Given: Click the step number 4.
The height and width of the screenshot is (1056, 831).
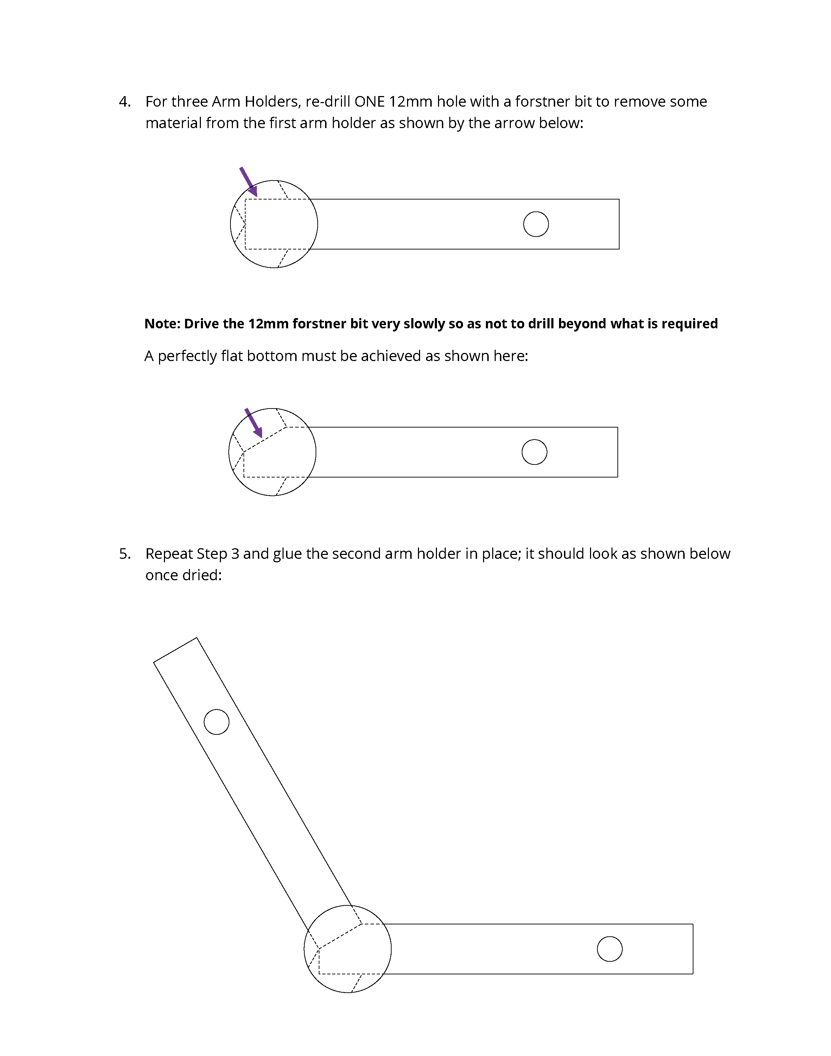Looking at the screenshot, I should [x=125, y=102].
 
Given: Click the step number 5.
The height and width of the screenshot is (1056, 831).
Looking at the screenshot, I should [x=125, y=554].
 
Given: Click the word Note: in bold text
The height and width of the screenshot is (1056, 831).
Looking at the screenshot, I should [x=163, y=324].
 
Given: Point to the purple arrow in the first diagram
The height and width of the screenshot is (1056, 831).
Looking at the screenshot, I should [x=248, y=182].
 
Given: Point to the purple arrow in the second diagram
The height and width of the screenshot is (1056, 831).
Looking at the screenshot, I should [x=253, y=423].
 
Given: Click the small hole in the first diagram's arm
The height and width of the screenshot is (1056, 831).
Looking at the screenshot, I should [x=536, y=225].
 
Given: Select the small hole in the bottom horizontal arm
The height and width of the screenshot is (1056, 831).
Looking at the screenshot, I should [x=610, y=949].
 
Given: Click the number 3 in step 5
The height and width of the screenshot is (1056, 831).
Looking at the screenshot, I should [x=235, y=554].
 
